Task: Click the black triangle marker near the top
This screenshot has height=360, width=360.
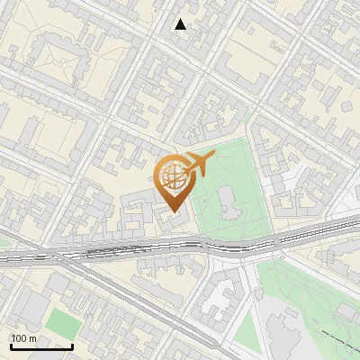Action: tap(181, 24)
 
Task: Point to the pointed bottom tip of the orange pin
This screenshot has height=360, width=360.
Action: tap(173, 212)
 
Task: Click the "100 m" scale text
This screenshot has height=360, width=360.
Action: tap(23, 338)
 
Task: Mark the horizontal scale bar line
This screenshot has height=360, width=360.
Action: tap(41, 346)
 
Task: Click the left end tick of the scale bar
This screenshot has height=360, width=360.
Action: tap(11, 346)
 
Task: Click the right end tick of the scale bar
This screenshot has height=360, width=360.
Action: tap(72, 346)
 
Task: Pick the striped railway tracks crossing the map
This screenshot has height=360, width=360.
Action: tap(135, 252)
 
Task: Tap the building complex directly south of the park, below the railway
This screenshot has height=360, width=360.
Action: tap(220, 297)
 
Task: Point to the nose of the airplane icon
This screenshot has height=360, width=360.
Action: tap(214, 157)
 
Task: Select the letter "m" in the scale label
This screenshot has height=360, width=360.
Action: tap(32, 338)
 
